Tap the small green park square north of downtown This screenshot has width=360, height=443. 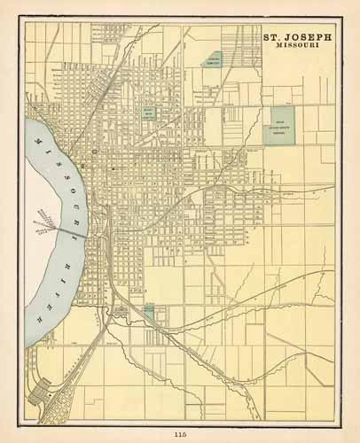click(150, 113)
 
